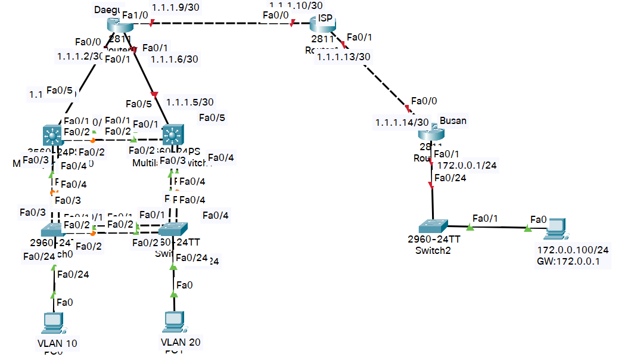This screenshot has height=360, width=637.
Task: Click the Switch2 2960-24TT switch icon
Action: pos(433,226)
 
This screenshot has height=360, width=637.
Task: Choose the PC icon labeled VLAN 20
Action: pos(173,322)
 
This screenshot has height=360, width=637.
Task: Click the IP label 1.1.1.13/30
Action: pos(344,57)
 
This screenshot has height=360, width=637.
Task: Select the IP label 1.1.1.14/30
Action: pos(402,122)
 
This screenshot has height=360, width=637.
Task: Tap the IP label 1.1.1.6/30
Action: pos(175,58)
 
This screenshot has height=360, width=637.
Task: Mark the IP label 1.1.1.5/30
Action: pos(190,102)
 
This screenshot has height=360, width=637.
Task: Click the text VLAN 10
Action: pos(57,343)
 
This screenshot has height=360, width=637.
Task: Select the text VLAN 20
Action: pos(181,342)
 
